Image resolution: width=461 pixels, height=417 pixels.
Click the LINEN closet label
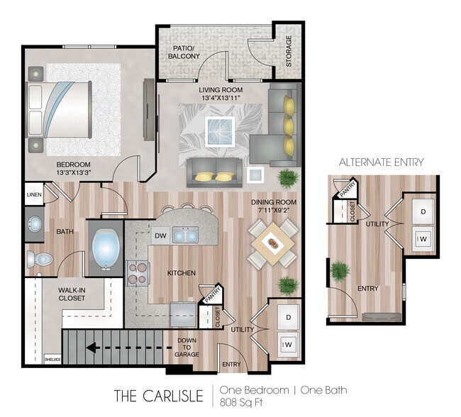(33, 194)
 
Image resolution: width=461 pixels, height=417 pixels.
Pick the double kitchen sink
(186, 235)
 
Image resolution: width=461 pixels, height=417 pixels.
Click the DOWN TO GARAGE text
(187, 347)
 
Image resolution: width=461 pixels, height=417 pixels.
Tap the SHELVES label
(52, 360)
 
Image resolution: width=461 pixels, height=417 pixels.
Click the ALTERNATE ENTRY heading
(381, 162)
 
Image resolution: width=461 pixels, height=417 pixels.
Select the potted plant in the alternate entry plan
(340, 270)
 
